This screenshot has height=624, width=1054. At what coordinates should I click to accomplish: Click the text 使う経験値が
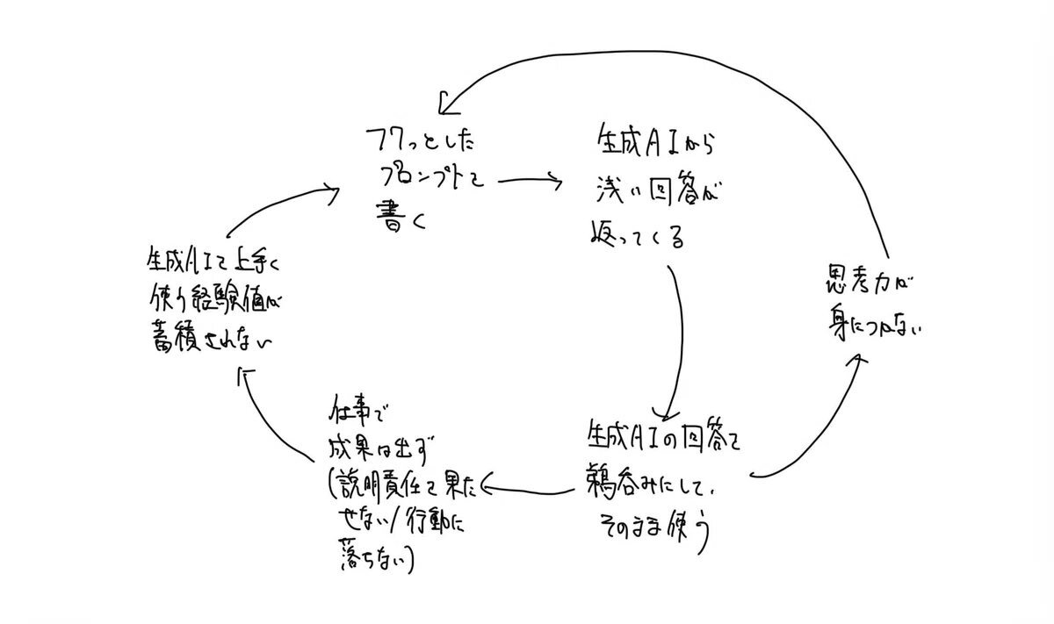215,300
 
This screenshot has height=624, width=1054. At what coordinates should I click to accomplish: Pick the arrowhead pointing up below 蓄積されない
247,376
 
